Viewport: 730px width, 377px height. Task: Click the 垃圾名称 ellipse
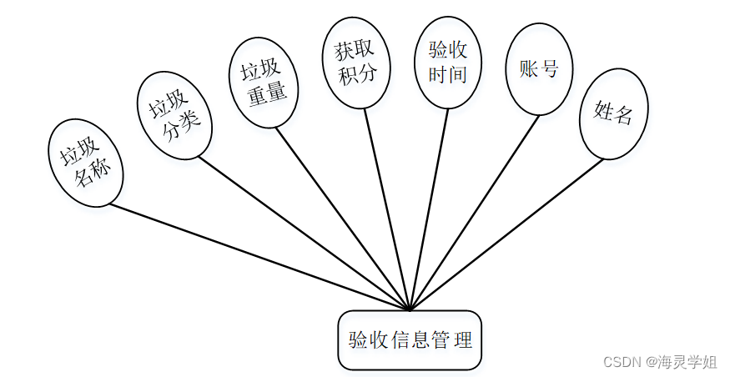(x=87, y=163)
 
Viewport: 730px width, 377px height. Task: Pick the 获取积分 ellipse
(x=355, y=63)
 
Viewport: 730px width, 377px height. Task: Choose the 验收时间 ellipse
(x=447, y=63)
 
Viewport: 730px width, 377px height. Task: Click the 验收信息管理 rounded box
(x=410, y=340)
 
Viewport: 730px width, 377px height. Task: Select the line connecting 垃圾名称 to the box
(x=259, y=256)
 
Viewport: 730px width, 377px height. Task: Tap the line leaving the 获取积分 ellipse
(x=387, y=209)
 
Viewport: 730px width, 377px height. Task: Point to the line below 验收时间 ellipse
(x=429, y=209)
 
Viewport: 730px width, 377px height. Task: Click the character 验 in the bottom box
(x=358, y=340)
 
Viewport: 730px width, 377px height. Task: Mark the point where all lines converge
(x=410, y=309)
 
